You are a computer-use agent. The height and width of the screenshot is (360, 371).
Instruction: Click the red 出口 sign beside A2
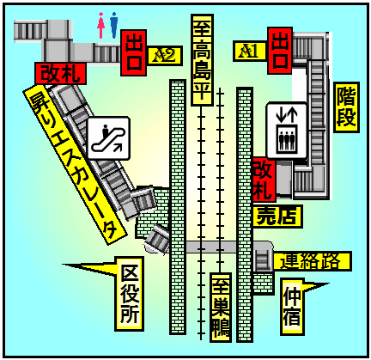click(x=134, y=52)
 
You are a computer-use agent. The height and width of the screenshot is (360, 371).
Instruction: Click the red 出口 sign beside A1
click(x=280, y=51)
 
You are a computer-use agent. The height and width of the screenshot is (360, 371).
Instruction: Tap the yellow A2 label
click(x=165, y=56)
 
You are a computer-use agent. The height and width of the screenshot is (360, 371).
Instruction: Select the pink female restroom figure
click(x=100, y=25)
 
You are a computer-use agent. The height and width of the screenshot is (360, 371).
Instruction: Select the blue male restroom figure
click(x=114, y=25)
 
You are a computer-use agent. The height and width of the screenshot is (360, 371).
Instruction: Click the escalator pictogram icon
click(x=109, y=138)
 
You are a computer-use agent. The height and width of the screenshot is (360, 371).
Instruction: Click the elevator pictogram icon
click(x=287, y=131)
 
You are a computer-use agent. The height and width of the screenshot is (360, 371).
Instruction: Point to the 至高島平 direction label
click(x=202, y=60)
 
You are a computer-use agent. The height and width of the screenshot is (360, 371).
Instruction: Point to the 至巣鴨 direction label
click(x=221, y=308)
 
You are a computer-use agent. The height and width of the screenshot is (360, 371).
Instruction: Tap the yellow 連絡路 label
click(x=312, y=261)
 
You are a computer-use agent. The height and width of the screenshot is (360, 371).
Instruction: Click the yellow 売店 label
click(x=277, y=217)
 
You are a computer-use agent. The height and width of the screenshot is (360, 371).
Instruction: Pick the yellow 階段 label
click(x=346, y=107)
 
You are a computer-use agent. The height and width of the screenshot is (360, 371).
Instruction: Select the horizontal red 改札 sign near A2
click(x=60, y=74)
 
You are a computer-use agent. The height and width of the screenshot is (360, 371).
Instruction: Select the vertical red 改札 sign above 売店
click(x=264, y=180)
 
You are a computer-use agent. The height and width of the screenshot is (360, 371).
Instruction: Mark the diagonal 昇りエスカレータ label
click(x=75, y=164)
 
